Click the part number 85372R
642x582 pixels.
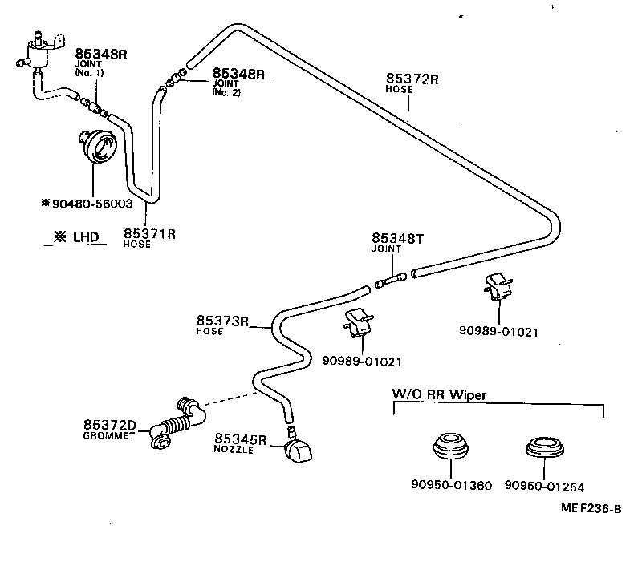point(412,79)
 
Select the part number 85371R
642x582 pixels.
point(149,233)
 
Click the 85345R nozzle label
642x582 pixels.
point(240,439)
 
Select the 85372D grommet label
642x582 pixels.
point(110,424)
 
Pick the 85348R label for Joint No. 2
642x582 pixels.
point(238,74)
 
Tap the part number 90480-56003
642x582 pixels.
point(91,204)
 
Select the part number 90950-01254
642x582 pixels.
point(545,485)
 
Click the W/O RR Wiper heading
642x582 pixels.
point(440,394)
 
